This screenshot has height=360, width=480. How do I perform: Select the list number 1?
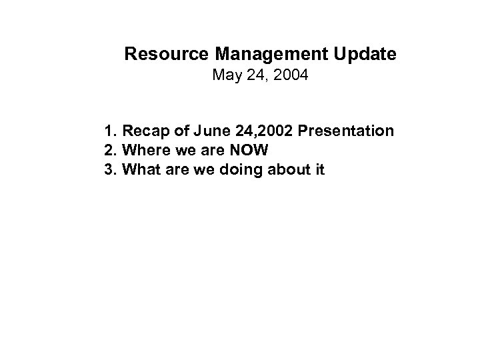click(109, 131)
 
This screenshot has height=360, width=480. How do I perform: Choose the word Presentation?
click(346, 131)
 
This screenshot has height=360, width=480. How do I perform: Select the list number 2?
click(109, 151)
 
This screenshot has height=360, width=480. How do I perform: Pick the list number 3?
click(109, 171)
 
